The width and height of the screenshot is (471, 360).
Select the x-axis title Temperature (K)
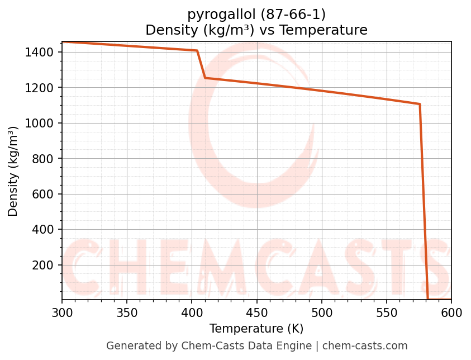256,329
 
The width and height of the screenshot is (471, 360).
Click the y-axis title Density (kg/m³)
13,171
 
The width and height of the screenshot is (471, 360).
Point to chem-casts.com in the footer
365,346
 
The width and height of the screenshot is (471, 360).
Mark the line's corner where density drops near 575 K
420,104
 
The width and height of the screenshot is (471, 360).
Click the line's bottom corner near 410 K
205,78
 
